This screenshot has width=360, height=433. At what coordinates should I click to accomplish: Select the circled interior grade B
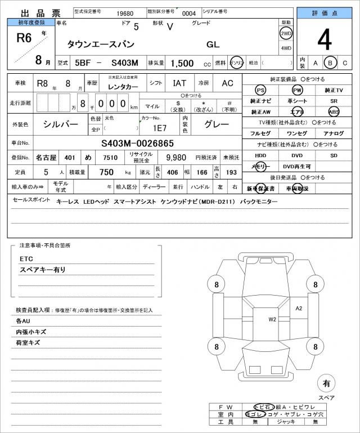pyautogui.click(x=331, y=63)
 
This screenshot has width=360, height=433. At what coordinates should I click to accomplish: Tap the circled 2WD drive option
pyautogui.click(x=286, y=33)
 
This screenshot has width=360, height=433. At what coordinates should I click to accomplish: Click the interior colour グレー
pyautogui.click(x=216, y=124)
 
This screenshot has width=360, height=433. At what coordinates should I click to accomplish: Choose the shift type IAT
pyautogui.click(x=180, y=83)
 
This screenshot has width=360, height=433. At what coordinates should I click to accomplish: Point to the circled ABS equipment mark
pyautogui.click(x=334, y=111)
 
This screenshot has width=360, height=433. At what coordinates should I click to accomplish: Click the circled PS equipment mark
pyautogui.click(x=260, y=90)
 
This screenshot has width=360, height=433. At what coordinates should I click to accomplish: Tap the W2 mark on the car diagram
pyautogui.click(x=272, y=319)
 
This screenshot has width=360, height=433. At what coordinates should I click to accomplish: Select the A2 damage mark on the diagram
pyautogui.click(x=299, y=308)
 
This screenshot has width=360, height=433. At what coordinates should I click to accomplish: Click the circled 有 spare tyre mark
pyautogui.click(x=326, y=383)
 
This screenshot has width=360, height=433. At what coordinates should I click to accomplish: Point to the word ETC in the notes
pyautogui.click(x=26, y=258)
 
